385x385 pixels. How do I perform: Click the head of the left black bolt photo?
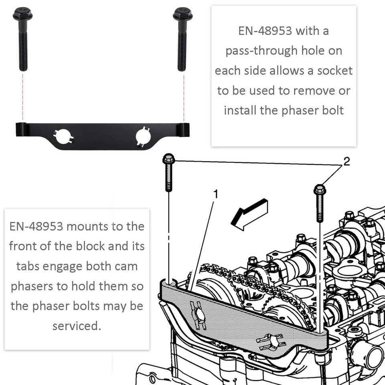click(22, 15)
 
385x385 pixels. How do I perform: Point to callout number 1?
click(215, 195)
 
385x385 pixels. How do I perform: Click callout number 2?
click(346, 161)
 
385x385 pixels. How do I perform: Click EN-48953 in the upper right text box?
click(265, 31)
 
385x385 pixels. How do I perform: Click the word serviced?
click(76, 326)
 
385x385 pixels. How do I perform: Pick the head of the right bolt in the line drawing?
click(320, 189)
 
